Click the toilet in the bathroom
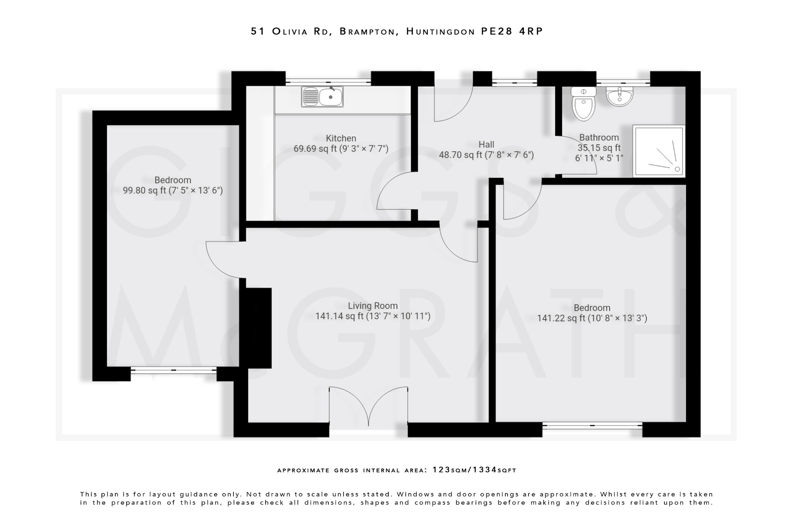584,104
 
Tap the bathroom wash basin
619,96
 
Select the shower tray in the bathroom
659,151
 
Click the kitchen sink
322,96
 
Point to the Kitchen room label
341,138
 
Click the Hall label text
486,145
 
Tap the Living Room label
372,306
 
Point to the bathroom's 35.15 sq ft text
599,148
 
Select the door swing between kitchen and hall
395,192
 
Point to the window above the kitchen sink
328,82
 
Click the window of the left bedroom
173,370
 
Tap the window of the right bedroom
592,426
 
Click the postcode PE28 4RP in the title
512,31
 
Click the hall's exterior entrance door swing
452,103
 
